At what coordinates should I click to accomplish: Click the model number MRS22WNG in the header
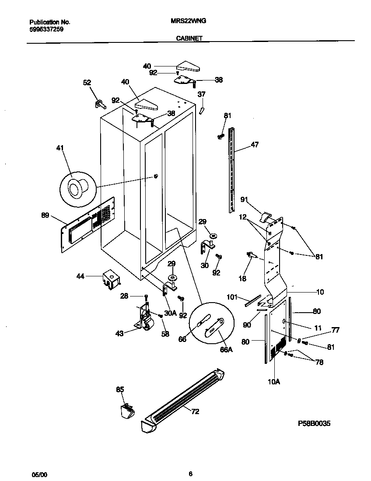coord(189,21)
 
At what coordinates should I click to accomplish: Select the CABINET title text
coord(189,38)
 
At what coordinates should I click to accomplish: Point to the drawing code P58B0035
coord(314,423)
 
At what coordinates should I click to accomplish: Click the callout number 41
coord(60,148)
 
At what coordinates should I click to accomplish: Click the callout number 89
coord(44,215)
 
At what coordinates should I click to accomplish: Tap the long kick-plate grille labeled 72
coord(184,398)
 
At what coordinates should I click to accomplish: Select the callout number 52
coord(87,82)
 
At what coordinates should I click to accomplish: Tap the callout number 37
coord(201,94)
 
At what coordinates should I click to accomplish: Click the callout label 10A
coord(273,381)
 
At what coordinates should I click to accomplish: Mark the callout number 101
coord(231,297)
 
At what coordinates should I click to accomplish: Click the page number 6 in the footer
coord(190,474)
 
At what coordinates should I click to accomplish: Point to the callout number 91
coord(244,200)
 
